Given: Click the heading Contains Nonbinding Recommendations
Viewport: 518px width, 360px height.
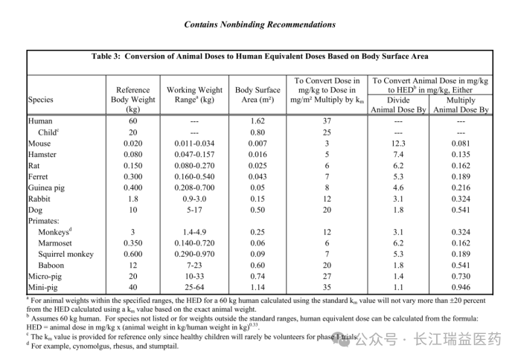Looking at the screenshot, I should pyautogui.click(x=259, y=25).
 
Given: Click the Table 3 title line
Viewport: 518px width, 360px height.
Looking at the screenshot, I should pyautogui.click(x=260, y=56).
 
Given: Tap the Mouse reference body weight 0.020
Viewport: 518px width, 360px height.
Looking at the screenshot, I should pyautogui.click(x=133, y=144).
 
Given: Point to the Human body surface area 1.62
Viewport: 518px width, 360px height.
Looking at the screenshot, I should pyautogui.click(x=258, y=120).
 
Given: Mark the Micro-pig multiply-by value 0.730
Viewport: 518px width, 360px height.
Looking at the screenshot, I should pyautogui.click(x=460, y=276).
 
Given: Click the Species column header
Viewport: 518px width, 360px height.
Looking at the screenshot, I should pyautogui.click(x=41, y=99).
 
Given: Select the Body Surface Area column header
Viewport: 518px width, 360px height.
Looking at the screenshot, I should pyautogui.click(x=258, y=94).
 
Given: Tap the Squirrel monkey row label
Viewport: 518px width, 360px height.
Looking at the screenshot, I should pyautogui.click(x=66, y=254).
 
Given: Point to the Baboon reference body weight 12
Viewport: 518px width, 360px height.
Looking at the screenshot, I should pyautogui.click(x=133, y=265).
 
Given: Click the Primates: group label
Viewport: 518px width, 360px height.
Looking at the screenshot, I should pyautogui.click(x=47, y=221).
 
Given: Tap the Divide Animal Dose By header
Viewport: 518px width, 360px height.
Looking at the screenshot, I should pyautogui.click(x=397, y=104).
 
